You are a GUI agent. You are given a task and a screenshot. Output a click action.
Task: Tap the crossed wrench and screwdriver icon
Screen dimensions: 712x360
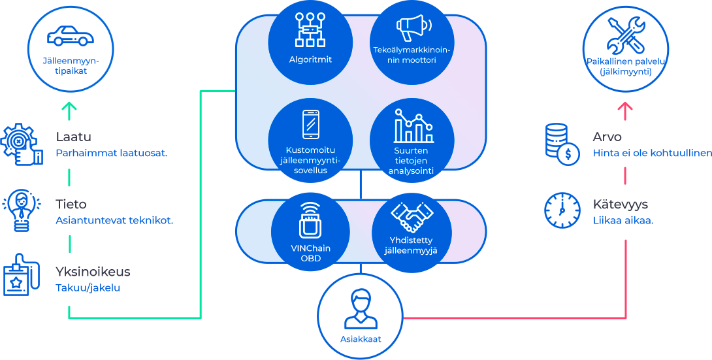point(625,35)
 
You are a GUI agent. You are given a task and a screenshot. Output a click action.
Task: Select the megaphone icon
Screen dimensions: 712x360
point(414,27)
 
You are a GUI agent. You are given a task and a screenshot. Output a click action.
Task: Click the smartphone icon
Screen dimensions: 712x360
point(310,124)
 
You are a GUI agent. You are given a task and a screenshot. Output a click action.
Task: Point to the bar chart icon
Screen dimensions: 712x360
point(413,125)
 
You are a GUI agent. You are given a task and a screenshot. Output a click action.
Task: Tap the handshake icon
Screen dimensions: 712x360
point(412,216)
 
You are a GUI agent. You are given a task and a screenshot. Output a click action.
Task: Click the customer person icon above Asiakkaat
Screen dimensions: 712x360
point(361,310)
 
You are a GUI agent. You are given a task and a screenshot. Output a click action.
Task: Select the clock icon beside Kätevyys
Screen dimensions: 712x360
point(562,210)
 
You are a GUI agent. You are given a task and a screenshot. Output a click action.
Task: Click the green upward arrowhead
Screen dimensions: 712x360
point(69,108)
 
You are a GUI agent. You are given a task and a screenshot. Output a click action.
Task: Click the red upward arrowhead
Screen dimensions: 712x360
point(625,108)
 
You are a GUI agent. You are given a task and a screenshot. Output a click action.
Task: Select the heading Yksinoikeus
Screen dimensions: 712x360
point(93,272)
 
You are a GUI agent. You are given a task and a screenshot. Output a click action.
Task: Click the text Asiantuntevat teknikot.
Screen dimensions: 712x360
point(114,221)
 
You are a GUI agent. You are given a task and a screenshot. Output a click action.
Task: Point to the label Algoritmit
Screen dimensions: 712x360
point(310,59)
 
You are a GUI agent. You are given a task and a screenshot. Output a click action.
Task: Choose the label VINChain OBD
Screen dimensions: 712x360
point(310,253)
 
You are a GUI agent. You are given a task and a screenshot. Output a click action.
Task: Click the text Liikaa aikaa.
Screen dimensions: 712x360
point(623,221)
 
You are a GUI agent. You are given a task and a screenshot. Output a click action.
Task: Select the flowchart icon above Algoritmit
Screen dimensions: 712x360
point(310,30)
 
